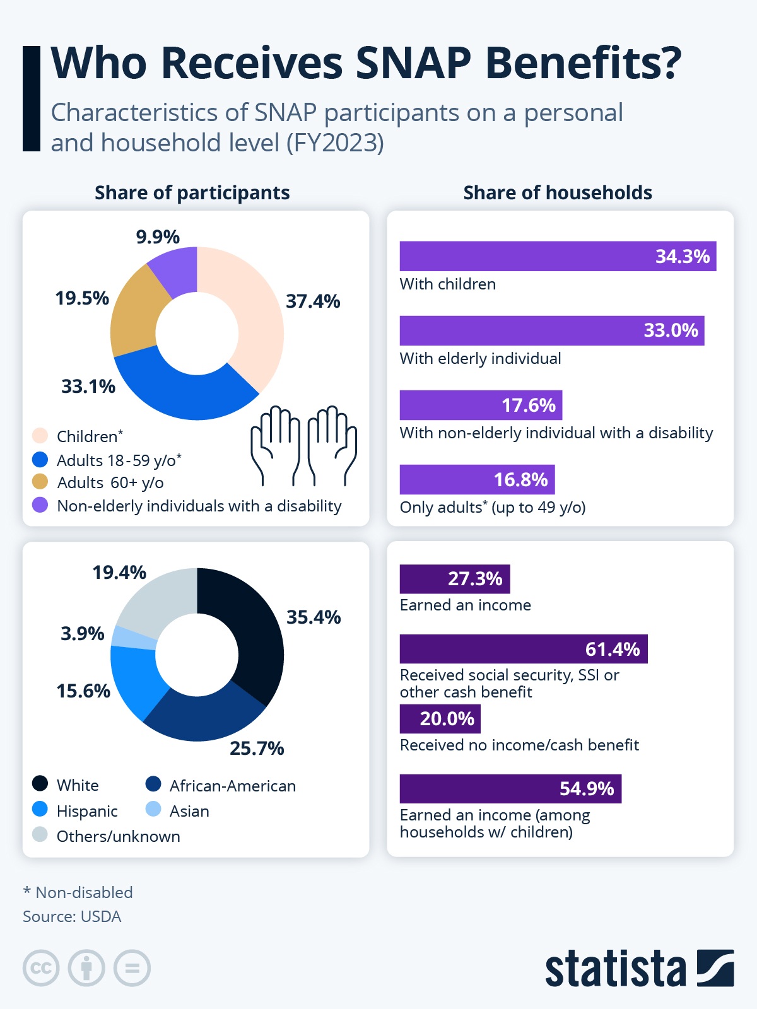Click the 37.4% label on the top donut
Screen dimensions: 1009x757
[313, 301]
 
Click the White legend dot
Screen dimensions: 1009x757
[40, 784]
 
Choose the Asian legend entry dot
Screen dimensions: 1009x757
[153, 809]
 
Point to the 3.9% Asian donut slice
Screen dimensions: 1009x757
[134, 638]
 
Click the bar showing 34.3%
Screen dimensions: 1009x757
[558, 256]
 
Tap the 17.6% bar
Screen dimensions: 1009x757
[481, 405]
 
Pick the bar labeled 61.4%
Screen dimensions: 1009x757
[524, 649]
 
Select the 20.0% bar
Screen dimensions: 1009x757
[440, 719]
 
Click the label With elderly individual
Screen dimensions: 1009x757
[480, 358]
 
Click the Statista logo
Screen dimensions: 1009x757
[639, 968]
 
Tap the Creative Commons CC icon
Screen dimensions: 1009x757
[41, 968]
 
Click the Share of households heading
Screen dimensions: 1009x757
[558, 192]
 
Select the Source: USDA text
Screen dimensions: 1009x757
[72, 916]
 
